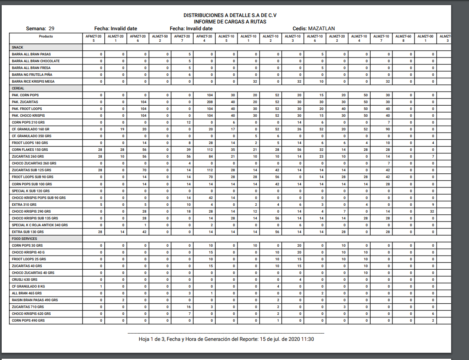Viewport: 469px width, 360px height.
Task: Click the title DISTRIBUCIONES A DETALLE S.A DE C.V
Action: (x=230, y=15)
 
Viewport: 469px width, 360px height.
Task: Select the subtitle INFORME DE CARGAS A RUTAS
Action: (x=230, y=21)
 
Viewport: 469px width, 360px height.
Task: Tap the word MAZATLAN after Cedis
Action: (x=321, y=29)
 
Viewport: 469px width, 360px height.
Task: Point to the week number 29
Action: (x=51, y=29)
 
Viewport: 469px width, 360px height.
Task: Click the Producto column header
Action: (x=46, y=37)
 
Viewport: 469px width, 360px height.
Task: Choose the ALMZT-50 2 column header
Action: (x=160, y=38)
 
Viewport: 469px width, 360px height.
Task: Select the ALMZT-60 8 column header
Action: (x=403, y=38)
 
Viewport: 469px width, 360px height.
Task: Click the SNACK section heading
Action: (x=17, y=47)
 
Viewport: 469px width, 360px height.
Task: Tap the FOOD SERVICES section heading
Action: (x=24, y=239)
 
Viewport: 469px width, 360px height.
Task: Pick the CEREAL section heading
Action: (x=18, y=88)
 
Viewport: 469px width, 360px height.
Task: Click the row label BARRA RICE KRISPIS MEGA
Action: (x=33, y=81)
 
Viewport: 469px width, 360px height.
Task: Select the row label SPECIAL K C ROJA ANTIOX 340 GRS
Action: (x=40, y=225)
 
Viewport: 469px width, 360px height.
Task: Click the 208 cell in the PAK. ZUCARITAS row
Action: (x=210, y=102)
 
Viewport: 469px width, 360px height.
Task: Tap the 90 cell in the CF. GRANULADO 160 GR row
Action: (x=388, y=129)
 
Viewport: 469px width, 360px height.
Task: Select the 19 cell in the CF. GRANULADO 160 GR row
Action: (x=122, y=129)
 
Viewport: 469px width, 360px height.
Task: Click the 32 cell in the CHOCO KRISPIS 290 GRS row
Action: (x=432, y=211)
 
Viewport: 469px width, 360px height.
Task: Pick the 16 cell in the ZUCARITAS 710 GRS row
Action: (x=189, y=307)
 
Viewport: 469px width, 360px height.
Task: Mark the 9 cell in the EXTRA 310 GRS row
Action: (x=432, y=204)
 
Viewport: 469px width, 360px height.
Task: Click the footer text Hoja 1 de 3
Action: (x=153, y=339)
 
